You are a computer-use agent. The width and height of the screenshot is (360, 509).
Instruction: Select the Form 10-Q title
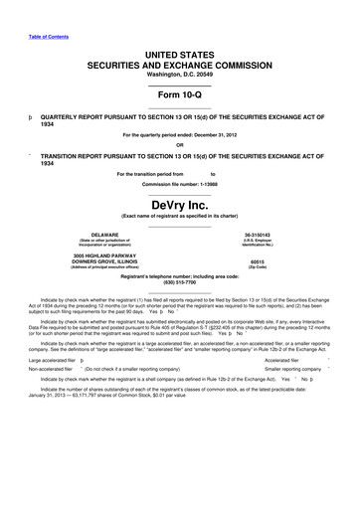point(180,94)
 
